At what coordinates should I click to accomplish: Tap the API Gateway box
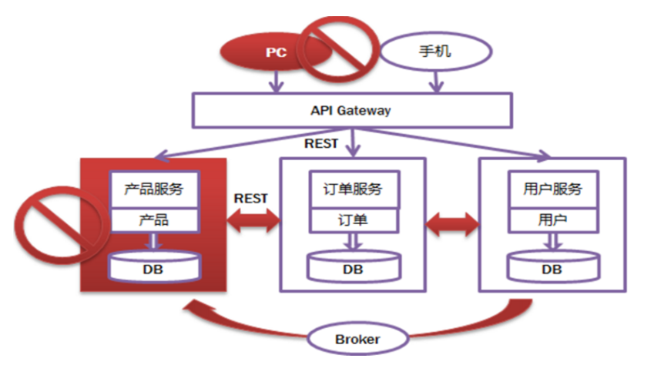point(350,110)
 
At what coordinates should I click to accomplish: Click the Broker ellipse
point(357,339)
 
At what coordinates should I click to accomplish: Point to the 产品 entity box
point(153,219)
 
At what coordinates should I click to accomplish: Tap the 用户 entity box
point(552,219)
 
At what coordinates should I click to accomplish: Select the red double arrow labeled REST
point(253,222)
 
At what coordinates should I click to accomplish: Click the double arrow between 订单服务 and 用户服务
point(453,224)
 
